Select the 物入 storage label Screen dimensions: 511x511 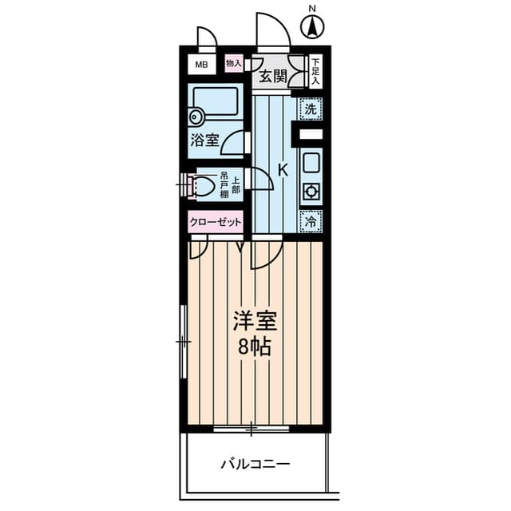[234, 62]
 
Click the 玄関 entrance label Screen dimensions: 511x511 [271, 77]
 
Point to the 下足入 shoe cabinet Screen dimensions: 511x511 [315, 70]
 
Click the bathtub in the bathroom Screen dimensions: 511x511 [216, 102]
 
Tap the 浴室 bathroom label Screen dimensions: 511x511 [204, 140]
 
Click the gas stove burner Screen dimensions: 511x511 [310, 192]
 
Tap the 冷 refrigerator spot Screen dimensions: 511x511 [310, 220]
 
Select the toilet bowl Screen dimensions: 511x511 [203, 187]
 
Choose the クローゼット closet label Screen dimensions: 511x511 [216, 223]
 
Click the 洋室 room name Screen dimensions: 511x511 [255, 321]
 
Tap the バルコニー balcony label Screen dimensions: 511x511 [255, 463]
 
